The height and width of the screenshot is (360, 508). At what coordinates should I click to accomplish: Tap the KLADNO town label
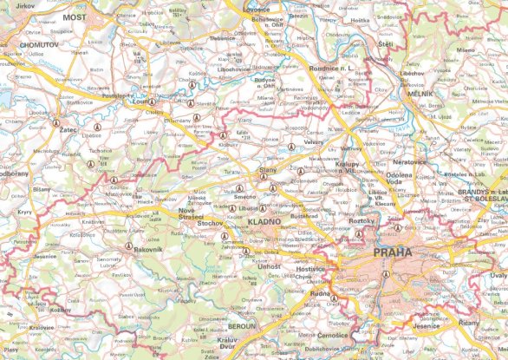pyautogui.click(x=264, y=222)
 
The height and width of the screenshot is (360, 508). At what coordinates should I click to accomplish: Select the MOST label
pyautogui.click(x=75, y=16)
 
